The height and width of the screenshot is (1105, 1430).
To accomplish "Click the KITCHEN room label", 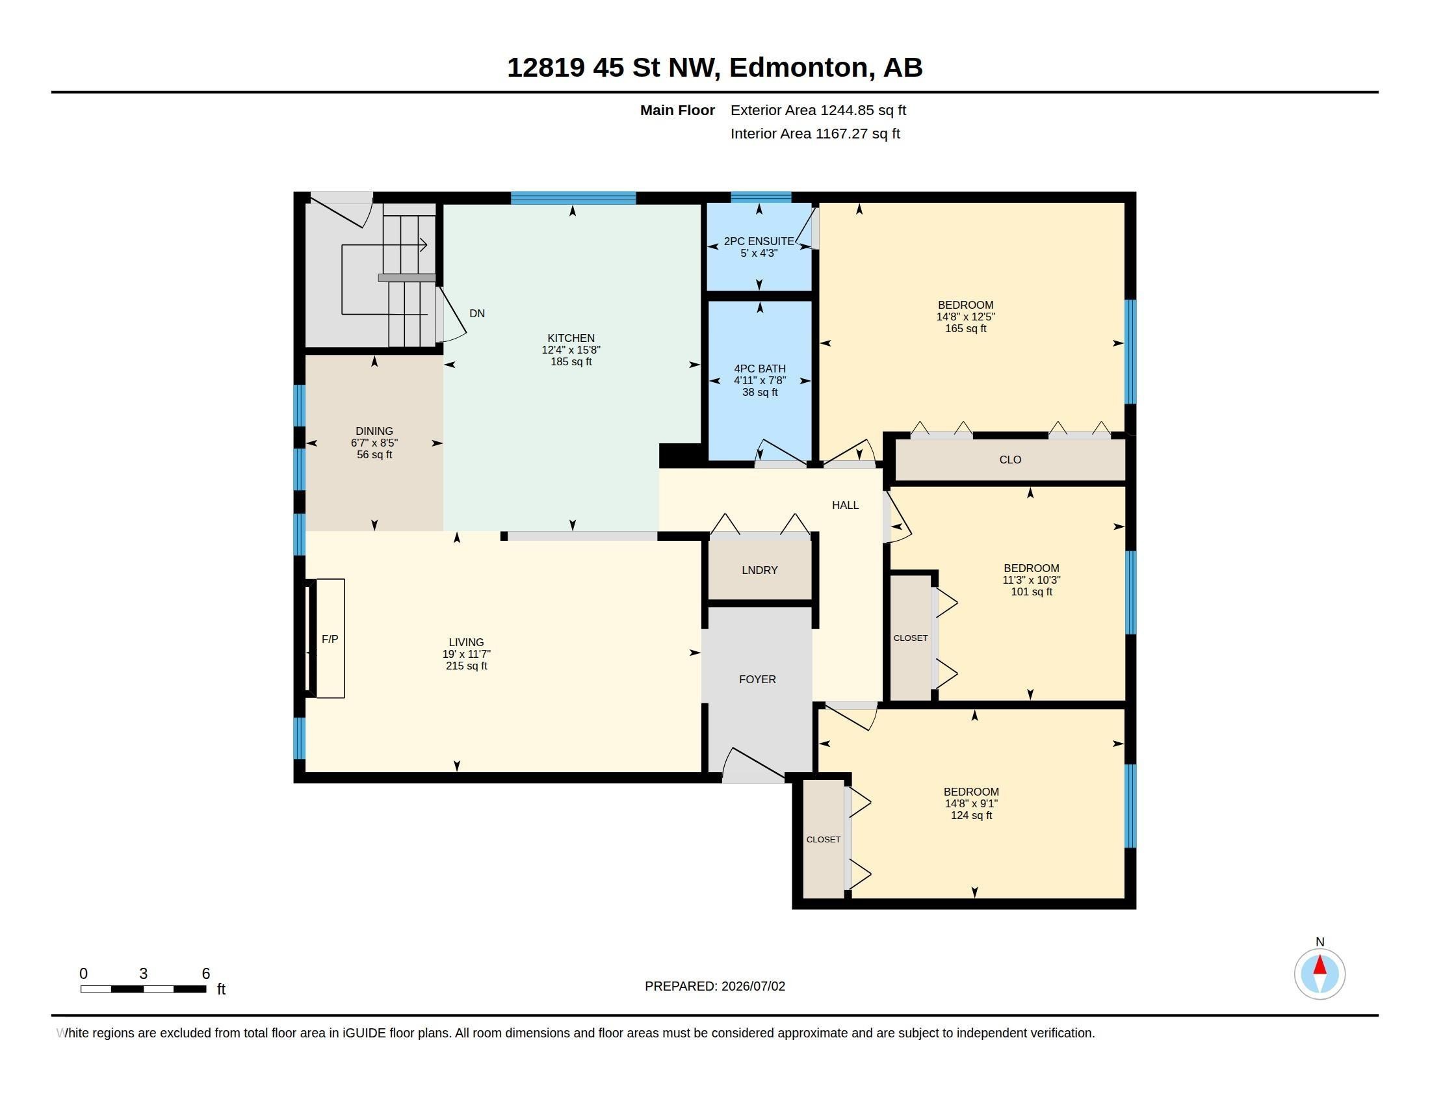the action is (571, 338).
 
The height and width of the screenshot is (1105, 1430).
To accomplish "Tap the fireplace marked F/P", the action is (330, 638).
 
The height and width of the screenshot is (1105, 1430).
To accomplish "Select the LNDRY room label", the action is (759, 570).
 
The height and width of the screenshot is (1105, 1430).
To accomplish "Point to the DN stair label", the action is (476, 313).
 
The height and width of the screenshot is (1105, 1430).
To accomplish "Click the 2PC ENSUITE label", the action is (759, 241).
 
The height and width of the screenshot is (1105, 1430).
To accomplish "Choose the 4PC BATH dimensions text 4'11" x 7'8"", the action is (759, 380).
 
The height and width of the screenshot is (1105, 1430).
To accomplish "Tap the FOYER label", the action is (757, 679).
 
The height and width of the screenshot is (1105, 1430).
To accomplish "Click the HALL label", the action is (845, 505).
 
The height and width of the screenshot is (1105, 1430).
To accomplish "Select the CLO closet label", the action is (1010, 460).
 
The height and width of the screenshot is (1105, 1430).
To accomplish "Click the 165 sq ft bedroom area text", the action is (966, 329).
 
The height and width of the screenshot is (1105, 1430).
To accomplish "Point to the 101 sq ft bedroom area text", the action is (1032, 591).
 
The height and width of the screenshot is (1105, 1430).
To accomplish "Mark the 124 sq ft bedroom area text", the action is (972, 815).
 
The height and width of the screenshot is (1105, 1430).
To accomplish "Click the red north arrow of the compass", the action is (1320, 965).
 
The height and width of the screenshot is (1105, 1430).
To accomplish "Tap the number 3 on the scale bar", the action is (144, 974).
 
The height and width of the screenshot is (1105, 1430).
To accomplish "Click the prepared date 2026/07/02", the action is (753, 986).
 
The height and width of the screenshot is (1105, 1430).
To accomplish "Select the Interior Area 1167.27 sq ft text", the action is (815, 133).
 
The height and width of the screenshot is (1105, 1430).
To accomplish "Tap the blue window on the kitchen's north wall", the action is (573, 198).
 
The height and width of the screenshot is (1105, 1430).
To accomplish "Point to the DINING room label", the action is (374, 431).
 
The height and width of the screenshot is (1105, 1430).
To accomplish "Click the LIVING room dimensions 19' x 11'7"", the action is (466, 654).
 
